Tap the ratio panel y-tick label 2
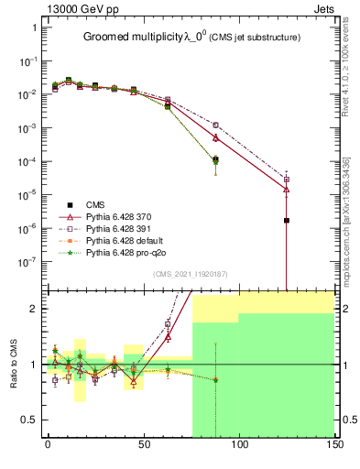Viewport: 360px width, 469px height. [x=34, y=309]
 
